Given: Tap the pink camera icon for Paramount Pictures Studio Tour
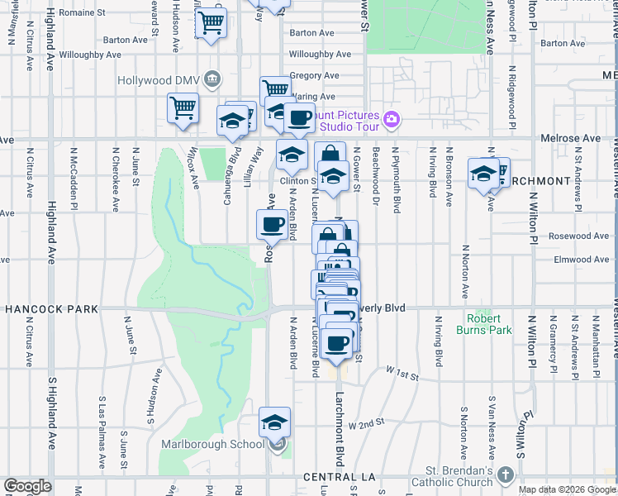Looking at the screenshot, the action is pos(392,121).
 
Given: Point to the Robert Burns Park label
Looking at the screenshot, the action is pos(483,324).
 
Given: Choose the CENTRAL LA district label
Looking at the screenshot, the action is pos(340,478).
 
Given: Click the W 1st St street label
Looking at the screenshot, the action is pos(402,376).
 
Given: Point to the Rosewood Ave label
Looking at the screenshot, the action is pos(579,236).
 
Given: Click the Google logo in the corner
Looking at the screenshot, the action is pos(27,486).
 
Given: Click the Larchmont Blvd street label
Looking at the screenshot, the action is pos(339,427).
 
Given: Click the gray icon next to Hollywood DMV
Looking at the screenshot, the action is pos(213,79).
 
